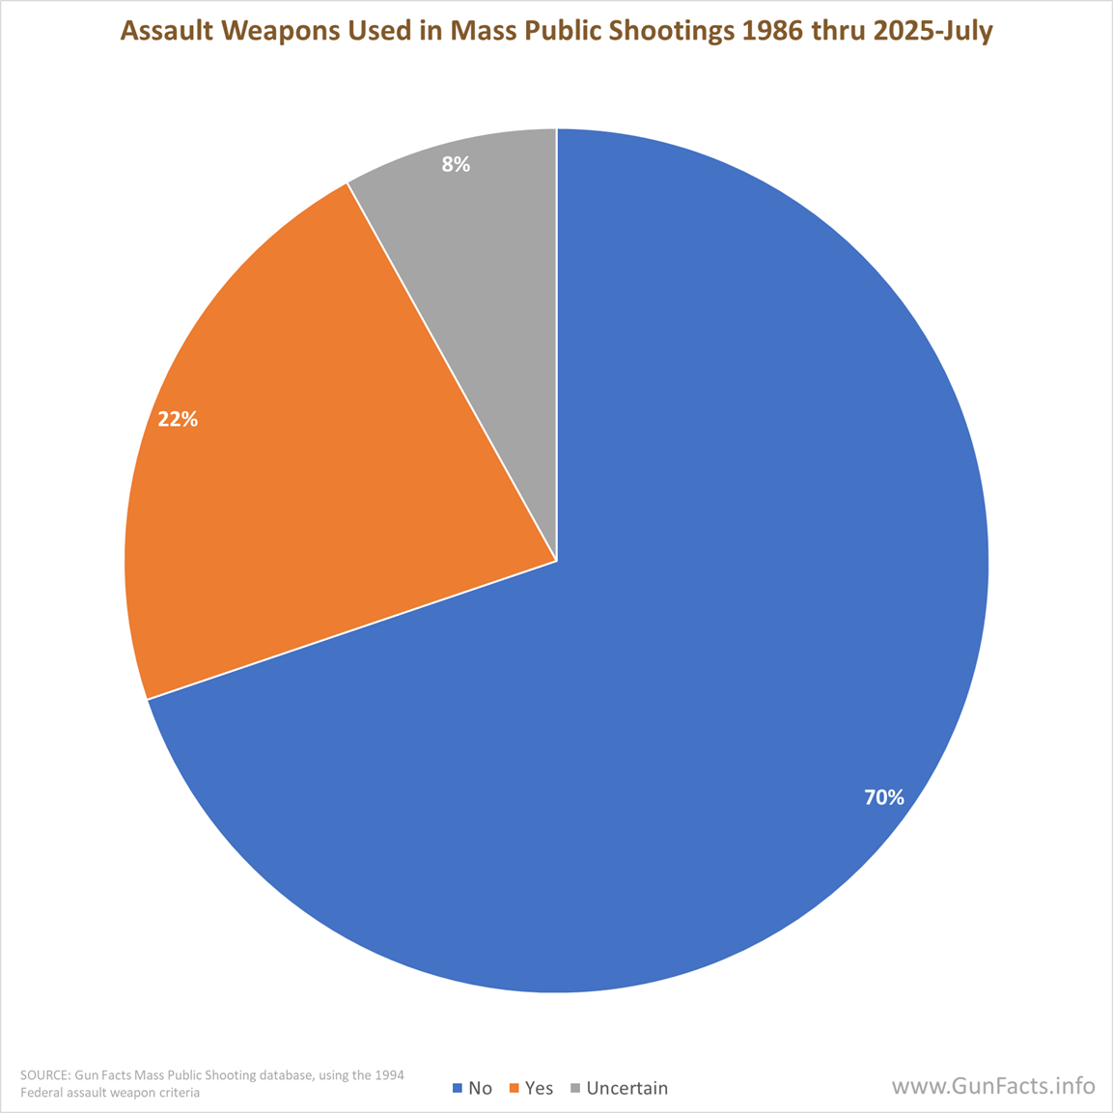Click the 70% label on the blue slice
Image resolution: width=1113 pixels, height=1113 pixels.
click(x=883, y=797)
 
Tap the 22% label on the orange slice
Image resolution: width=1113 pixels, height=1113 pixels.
click(x=178, y=419)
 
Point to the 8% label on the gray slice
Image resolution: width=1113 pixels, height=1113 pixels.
click(x=456, y=165)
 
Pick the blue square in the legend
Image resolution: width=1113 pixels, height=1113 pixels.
click(x=458, y=1088)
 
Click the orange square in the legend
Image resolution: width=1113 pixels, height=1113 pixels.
click(x=515, y=1088)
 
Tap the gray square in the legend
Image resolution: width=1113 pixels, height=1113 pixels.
click(x=575, y=1088)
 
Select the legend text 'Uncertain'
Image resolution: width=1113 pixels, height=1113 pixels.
click(x=626, y=1088)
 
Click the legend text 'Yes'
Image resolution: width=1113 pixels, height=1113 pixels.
click(x=539, y=1088)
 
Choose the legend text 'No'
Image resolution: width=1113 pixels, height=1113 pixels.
click(x=480, y=1088)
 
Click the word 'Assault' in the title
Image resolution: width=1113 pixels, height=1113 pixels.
click(x=163, y=32)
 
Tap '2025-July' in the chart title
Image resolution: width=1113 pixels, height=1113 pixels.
click(x=933, y=32)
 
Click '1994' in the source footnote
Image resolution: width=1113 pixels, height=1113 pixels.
click(x=389, y=1075)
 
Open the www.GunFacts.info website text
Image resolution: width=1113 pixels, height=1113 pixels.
click(x=993, y=1086)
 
